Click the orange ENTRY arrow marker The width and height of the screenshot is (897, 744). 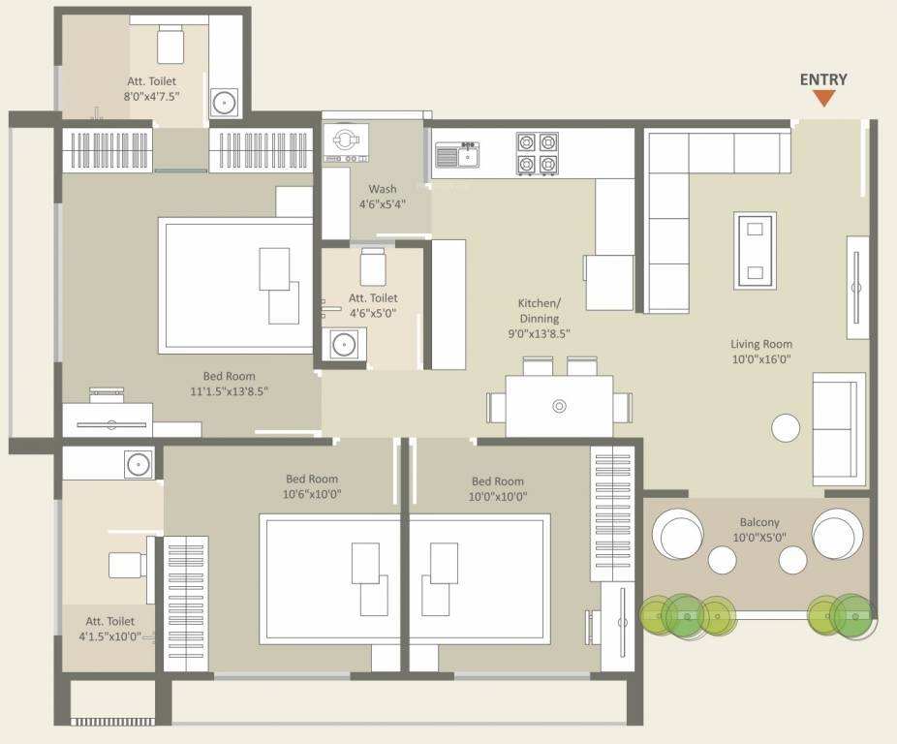823,98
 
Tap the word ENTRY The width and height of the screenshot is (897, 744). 823,79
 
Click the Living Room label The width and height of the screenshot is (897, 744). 760,352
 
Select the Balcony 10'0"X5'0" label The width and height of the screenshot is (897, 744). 756,529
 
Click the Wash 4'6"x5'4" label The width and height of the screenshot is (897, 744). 382,197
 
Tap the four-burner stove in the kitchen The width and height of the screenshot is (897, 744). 537,153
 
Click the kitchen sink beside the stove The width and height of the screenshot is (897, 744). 458,154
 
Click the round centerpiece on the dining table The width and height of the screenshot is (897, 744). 558,406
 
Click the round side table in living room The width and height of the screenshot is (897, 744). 786,427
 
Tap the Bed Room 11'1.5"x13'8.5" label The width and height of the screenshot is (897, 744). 230,384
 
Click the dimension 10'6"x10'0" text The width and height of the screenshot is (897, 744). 311,494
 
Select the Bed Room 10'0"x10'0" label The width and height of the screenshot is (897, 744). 497,487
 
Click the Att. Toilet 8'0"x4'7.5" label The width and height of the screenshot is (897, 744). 150,89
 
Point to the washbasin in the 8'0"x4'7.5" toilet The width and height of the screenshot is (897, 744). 225,101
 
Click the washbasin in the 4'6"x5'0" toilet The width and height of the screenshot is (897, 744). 343,343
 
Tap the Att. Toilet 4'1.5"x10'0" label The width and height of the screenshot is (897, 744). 109,629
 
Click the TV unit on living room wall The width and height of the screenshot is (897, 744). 856,287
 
